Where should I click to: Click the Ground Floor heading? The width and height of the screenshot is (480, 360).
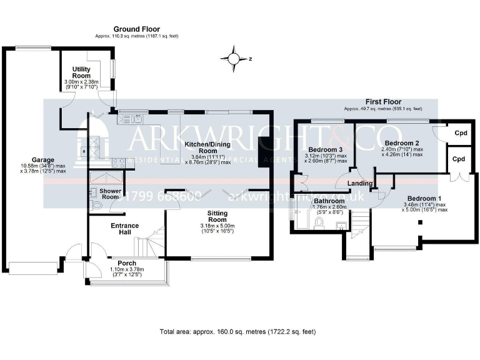pos(136,29)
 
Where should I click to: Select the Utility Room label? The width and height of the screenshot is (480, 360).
pos(82,72)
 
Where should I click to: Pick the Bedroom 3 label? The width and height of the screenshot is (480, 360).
pos(323,149)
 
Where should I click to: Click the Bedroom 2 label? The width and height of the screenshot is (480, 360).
pos(402,143)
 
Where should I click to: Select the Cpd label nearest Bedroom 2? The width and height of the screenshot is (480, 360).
pos(461,132)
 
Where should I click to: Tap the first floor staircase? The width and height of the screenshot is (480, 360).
pos(359,225)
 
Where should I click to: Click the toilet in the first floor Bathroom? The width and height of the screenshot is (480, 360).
pos(319,221)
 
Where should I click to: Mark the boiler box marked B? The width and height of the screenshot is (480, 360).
pos(82,151)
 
